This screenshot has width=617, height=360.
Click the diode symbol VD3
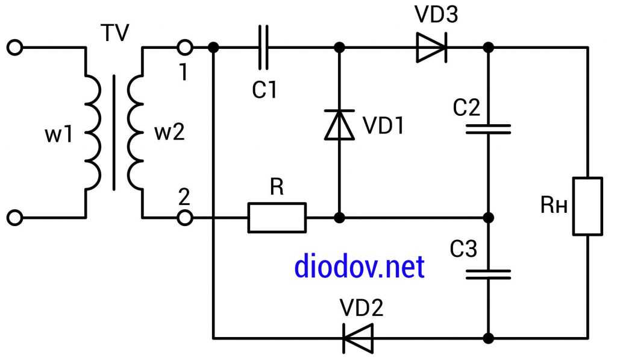pyautogui.click(x=431, y=47)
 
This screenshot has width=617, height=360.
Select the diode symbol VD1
pyautogui.click(x=339, y=125)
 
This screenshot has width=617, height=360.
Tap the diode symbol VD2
pyautogui.click(x=358, y=338)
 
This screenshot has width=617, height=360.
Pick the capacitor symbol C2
pyautogui.click(x=489, y=128)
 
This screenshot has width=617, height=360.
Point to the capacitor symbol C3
pyautogui.click(x=489, y=274)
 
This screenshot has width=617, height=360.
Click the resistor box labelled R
pyautogui.click(x=277, y=217)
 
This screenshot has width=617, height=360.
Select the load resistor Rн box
pyautogui.click(x=587, y=206)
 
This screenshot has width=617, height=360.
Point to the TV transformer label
pyautogui.click(x=114, y=33)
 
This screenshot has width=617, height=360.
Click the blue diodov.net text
pyautogui.click(x=359, y=267)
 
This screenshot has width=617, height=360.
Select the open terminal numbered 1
pyautogui.click(x=186, y=47)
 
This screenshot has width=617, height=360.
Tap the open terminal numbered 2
pyautogui.click(x=186, y=217)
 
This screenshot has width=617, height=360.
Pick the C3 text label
pyautogui.click(x=463, y=249)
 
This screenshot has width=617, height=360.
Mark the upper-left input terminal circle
pyautogui.click(x=16, y=47)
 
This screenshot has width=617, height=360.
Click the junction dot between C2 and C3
pyautogui.click(x=489, y=217)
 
